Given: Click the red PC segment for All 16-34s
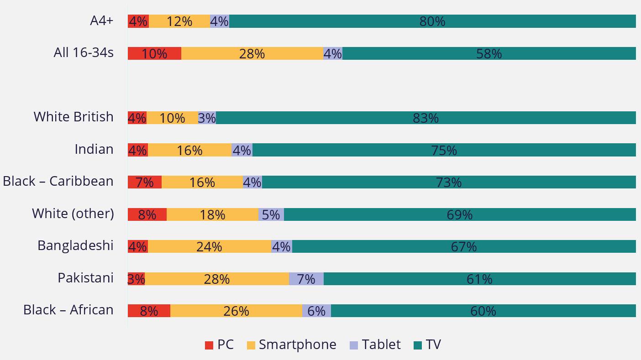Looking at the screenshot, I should pos(154,53).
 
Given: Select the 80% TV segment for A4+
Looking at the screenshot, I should pos(432,21).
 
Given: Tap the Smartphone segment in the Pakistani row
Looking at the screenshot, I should pos(217,279).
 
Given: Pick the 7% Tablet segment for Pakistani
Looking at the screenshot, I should pos(306,279).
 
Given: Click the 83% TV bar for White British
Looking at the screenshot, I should pos(426,118).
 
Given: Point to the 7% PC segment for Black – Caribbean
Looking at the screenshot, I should pos(144,182).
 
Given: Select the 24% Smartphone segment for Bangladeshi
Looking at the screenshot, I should pos(209,246).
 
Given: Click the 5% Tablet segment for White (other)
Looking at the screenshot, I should pos(271,214).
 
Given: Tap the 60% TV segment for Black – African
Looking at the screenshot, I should pos(483,311).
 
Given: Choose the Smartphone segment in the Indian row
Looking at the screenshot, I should pos(189,150).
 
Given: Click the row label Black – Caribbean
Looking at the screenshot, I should pos(58,182).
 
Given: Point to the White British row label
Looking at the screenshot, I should pos(74,117).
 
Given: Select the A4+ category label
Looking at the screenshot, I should pos(101,21).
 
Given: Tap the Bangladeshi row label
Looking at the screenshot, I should pos(75,246).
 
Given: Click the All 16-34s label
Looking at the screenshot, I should pos(84,53).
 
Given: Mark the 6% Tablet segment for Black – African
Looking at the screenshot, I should pos(316,311).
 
